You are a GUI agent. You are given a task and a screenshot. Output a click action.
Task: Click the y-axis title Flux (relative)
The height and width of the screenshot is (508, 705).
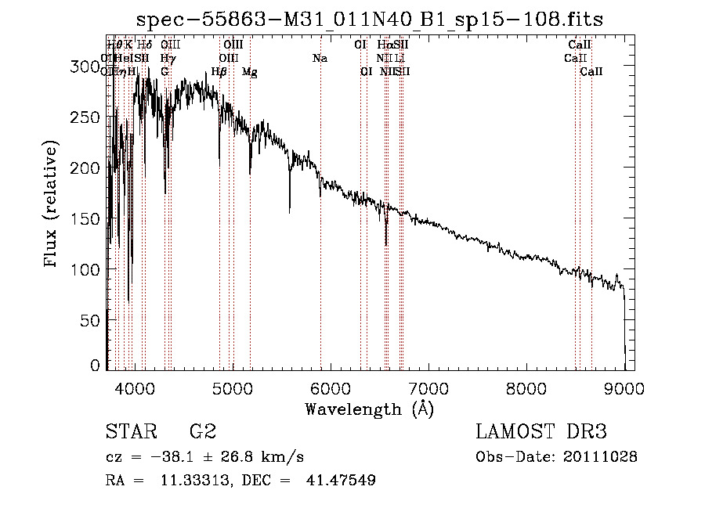tap(52, 205)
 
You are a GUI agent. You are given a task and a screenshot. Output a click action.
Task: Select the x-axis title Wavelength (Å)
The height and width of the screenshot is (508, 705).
tap(369, 409)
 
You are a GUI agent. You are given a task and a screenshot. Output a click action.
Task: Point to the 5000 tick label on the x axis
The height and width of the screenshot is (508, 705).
tap(231, 387)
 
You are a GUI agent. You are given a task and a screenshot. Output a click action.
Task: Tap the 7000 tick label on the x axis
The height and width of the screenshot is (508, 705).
tap(428, 387)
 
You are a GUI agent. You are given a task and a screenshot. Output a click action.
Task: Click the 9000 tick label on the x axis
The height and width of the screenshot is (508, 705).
tap(624, 387)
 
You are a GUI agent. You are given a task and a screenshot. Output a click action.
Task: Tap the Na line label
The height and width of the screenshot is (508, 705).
tap(320, 59)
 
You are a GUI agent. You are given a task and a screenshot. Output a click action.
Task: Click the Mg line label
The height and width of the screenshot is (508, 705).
tap(250, 72)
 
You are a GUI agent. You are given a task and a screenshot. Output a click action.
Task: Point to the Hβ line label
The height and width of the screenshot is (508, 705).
tap(219, 72)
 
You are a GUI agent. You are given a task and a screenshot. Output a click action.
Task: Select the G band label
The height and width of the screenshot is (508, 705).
tap(164, 72)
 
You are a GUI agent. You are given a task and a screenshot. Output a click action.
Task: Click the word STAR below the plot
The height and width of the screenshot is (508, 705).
tap(129, 432)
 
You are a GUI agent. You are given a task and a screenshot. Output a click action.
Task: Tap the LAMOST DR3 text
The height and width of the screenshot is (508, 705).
tap(541, 432)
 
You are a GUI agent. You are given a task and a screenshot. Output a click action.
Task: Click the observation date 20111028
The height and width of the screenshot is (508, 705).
tap(602, 456)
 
